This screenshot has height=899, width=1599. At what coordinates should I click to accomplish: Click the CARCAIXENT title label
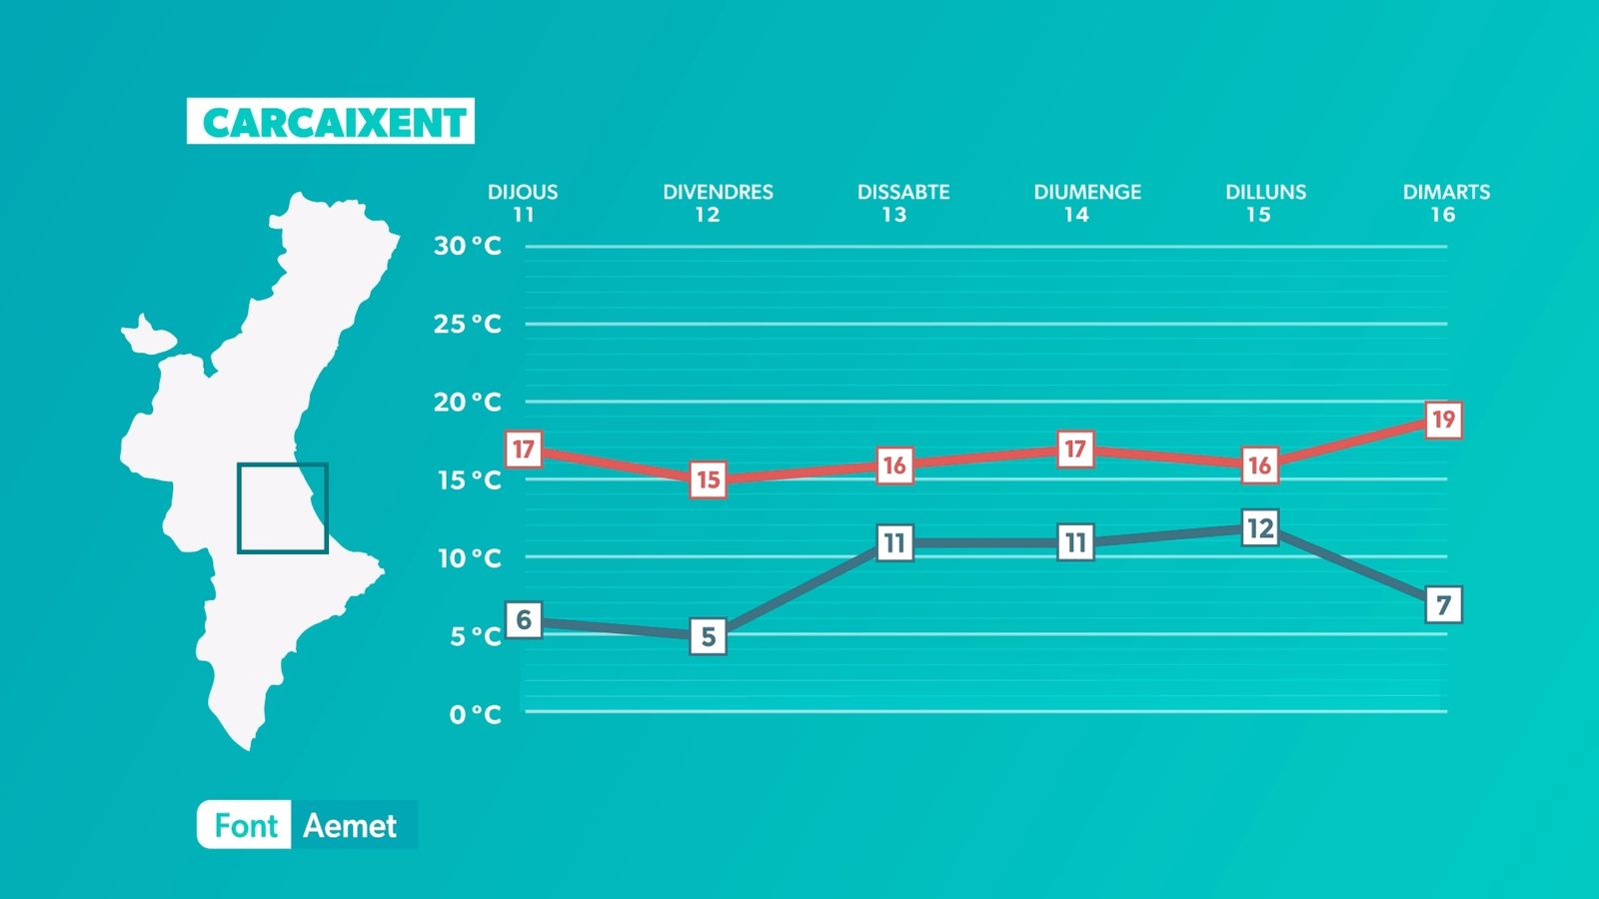coord(331,121)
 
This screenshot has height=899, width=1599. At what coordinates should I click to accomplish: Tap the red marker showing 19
coord(1443,420)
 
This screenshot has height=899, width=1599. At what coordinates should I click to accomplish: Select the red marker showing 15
coord(709,479)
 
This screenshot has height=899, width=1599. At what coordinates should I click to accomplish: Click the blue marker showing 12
coord(1260,528)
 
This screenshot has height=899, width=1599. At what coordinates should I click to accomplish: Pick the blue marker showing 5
coord(709,636)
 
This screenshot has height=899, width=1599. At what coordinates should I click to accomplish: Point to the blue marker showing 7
coord(1443,605)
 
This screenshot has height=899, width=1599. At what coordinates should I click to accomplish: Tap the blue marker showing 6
coord(524,620)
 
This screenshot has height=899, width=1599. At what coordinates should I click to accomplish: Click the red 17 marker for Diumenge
coord(1075,449)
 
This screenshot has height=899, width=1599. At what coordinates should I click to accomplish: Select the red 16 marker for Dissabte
coord(895,465)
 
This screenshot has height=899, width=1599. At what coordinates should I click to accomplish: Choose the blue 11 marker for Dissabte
coord(895,543)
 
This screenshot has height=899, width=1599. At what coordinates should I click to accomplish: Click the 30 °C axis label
coord(468,246)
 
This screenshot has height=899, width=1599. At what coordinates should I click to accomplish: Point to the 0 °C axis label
coord(476,714)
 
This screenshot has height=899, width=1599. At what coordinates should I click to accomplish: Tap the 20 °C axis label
coord(468,403)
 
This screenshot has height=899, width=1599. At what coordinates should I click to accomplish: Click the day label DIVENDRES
coord(719,192)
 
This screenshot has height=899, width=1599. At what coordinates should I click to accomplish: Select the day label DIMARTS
coord(1446,192)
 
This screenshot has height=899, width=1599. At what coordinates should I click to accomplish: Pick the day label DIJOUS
coord(523,192)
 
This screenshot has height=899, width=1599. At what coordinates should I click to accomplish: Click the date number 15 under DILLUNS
coord(1258,215)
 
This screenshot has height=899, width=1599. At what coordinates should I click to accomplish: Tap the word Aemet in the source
coord(350,826)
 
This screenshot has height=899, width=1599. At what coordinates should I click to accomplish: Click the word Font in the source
coord(246,826)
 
